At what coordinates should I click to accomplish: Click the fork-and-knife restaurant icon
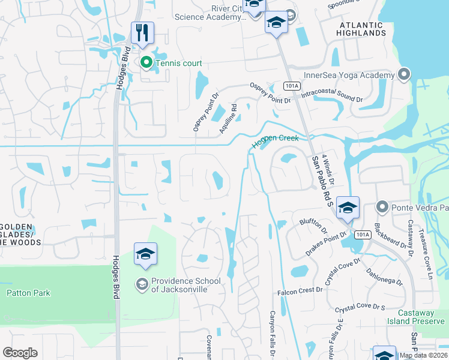[142, 33]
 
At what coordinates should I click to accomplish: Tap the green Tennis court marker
[146, 62]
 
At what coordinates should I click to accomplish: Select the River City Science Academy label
[210, 13]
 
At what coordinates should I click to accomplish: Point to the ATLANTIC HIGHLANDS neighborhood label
[362, 29]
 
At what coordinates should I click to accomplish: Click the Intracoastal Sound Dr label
[332, 96]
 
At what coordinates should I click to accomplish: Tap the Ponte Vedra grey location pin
[382, 207]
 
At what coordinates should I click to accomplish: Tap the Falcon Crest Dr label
[300, 291]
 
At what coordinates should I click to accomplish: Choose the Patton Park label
[28, 293]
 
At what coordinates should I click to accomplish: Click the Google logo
[20, 353]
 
